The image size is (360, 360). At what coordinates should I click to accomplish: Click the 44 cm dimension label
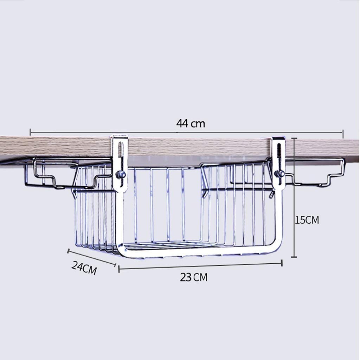tap(191, 123)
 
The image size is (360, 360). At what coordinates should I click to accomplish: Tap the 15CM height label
tap(307, 220)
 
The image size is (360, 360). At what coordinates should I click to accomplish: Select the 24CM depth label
tap(84, 268)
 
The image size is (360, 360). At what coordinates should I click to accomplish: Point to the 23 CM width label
tap(194, 277)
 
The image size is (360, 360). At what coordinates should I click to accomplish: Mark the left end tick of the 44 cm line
tap(30, 132)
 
